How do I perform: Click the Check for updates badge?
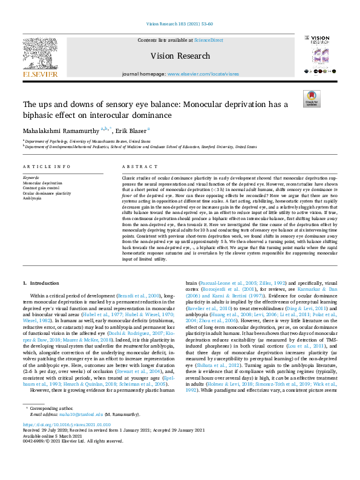[x=312, y=99]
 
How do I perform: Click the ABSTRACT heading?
[x=136, y=166]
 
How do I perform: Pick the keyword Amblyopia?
[x=33, y=198]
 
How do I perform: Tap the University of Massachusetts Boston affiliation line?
[x=86, y=141]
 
